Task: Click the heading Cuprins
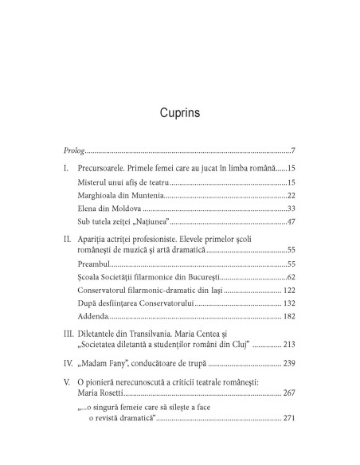click(179, 112)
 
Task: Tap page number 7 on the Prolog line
click(293, 151)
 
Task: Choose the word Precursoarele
click(106, 169)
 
